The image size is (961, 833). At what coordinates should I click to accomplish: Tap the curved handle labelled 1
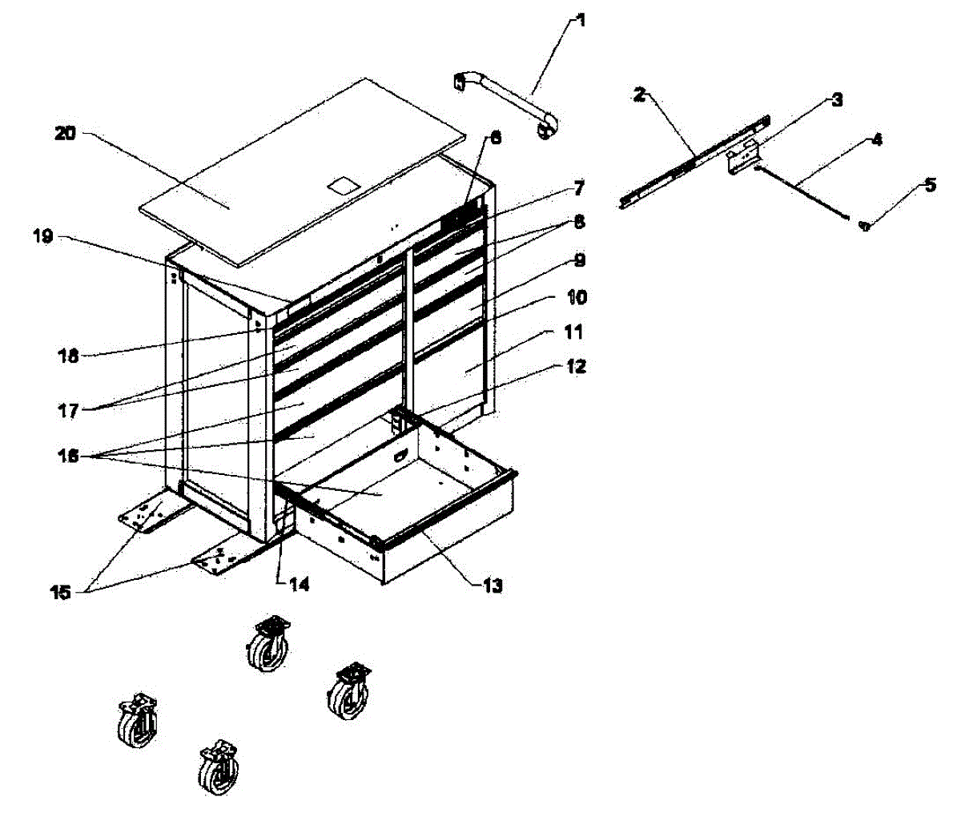(x=506, y=100)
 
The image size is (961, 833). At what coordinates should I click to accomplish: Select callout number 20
(x=65, y=134)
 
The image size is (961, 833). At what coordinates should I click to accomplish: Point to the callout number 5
(x=929, y=186)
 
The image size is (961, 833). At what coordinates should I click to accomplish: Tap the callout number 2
(x=639, y=95)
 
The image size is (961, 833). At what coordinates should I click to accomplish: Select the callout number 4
(x=877, y=139)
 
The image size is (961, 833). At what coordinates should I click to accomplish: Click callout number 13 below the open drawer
(x=493, y=586)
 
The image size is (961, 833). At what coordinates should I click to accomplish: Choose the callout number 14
(x=299, y=585)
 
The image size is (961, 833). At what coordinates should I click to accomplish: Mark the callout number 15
(x=62, y=593)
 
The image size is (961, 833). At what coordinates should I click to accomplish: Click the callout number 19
(x=42, y=237)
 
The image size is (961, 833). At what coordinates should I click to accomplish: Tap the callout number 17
(x=68, y=411)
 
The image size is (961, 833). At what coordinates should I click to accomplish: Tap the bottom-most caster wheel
(x=219, y=767)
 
